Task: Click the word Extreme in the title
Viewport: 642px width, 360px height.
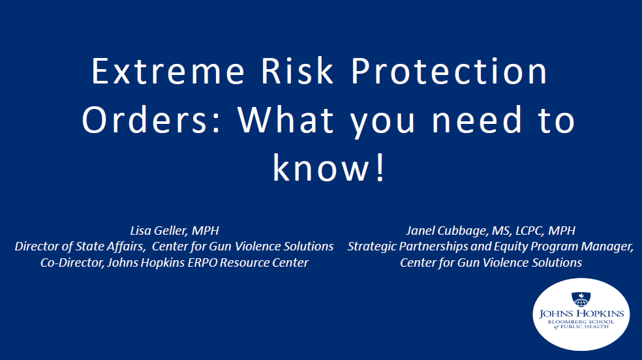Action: pos(168,71)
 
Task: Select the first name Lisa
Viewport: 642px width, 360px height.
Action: pos(140,231)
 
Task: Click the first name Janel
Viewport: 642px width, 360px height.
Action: pos(420,231)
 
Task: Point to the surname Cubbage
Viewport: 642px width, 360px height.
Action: pos(463,232)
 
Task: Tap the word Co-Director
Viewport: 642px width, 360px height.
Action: pos(72,263)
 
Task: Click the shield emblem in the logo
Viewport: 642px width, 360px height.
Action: pos(581,299)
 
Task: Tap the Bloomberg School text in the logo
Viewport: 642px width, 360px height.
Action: pos(581,322)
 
